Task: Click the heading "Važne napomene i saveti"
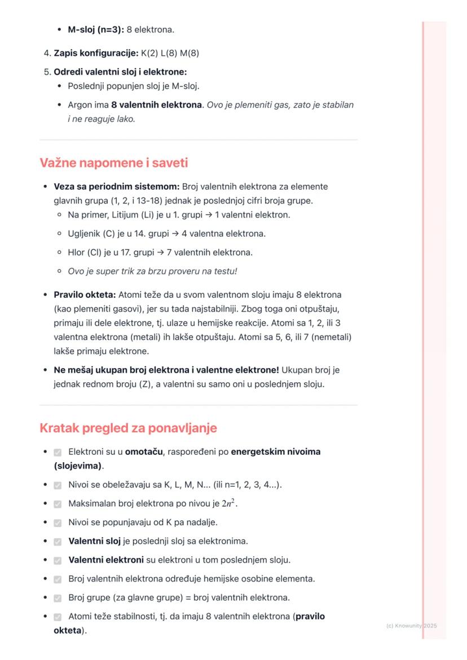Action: click(x=113, y=163)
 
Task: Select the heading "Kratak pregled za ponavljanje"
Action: click(x=128, y=428)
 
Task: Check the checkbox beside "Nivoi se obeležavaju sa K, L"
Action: click(x=58, y=485)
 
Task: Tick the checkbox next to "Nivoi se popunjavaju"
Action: click(x=58, y=523)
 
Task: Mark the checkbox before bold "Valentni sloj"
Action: click(x=58, y=542)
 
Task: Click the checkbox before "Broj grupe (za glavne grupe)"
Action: click(x=58, y=598)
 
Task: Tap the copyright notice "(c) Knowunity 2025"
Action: click(x=412, y=626)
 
